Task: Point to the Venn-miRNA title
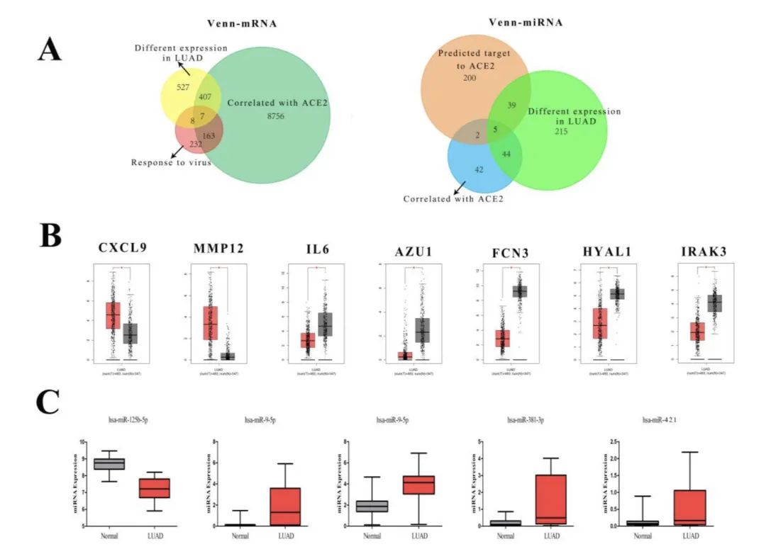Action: [526, 23]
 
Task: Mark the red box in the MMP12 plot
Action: [211, 322]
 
